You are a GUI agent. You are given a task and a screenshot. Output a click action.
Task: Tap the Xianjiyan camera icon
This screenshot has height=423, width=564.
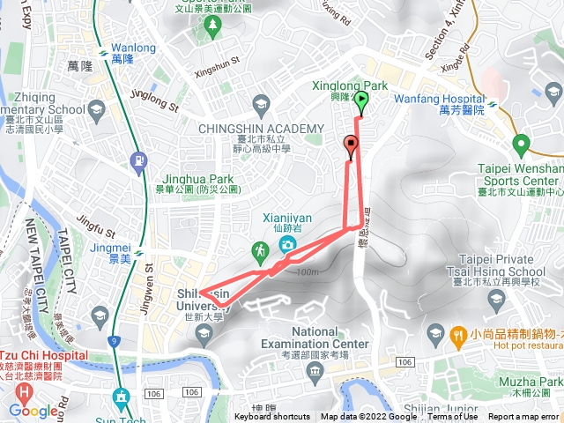coord(286,244)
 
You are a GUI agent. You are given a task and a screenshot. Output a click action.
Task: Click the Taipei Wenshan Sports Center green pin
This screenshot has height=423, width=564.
coord(520,144)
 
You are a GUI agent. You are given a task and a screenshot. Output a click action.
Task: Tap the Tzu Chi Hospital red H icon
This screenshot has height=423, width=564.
coord(24,390)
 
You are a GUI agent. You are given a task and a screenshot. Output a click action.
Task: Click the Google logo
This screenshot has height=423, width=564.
coord(33,411)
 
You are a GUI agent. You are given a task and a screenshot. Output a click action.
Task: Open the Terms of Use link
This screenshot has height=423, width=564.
coord(453,417)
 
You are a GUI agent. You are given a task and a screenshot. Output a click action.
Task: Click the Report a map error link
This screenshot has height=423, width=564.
coord(523,417)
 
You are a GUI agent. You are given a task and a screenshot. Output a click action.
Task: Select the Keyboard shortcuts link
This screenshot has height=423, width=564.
coord(272,417)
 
